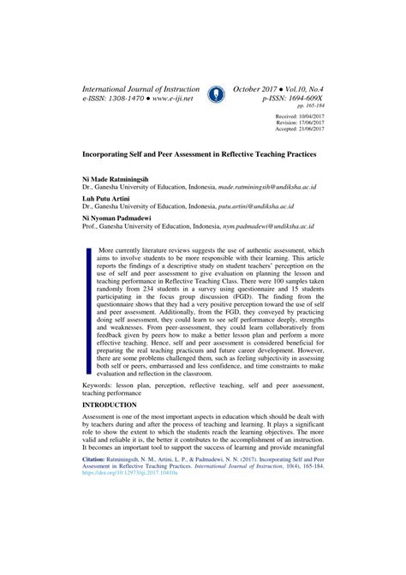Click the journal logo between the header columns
(218, 93)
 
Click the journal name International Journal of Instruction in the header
(140, 88)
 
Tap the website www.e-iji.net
(180, 100)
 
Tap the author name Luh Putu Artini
(106, 197)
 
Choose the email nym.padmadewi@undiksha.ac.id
(269, 228)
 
